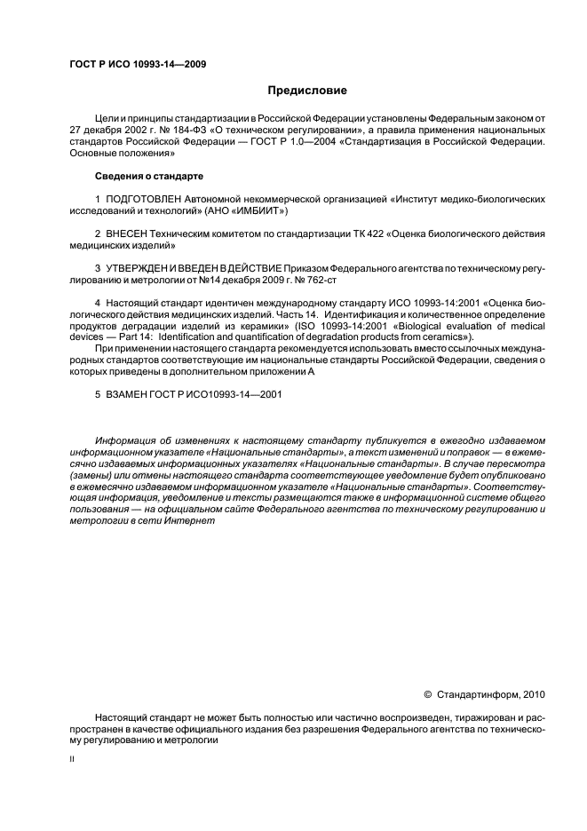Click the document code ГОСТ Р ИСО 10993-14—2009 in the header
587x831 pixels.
138,65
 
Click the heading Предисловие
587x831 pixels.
307,90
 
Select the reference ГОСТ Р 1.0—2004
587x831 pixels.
329,140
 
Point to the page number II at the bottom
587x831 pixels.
72,760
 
